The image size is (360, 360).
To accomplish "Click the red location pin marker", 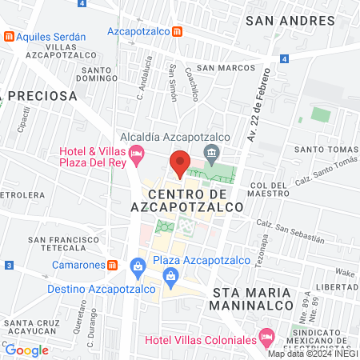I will tap(180, 163).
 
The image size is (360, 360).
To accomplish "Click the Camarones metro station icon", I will tap(114, 265).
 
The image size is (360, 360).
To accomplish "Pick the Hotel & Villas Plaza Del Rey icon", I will tap(137, 152).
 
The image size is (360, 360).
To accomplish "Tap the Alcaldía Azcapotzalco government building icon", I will tap(211, 153).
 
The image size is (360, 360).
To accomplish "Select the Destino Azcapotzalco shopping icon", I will tap(170, 277).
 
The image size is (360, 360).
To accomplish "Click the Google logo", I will tap(26, 350).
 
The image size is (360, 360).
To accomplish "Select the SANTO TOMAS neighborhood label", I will tap(324, 149).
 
